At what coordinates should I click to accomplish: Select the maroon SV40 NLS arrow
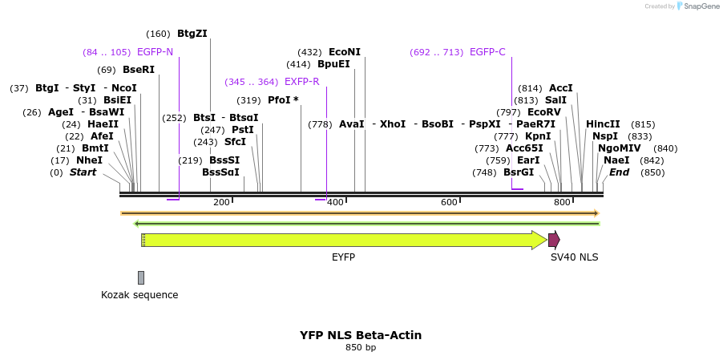tap(553, 240)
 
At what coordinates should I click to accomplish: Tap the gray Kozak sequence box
tap(141, 277)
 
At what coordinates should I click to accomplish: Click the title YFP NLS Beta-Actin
tap(361, 335)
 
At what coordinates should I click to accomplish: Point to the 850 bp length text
tap(361, 348)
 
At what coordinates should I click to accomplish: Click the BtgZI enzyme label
tap(192, 34)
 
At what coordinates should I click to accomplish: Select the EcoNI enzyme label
tap(345, 52)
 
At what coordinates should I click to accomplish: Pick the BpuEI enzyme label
tap(333, 64)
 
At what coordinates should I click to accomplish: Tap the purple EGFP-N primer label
tap(155, 52)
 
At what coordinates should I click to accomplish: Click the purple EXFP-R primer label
tap(302, 82)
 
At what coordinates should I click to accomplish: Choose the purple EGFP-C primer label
tap(487, 52)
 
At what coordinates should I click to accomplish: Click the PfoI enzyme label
tap(283, 100)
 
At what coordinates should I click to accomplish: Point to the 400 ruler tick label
tap(335, 202)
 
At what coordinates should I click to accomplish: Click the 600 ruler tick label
tap(449, 202)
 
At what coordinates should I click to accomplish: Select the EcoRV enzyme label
tap(544, 112)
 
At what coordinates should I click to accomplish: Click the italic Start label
tap(83, 172)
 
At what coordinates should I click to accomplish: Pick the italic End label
tap(619, 172)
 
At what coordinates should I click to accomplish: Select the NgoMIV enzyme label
tap(619, 148)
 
